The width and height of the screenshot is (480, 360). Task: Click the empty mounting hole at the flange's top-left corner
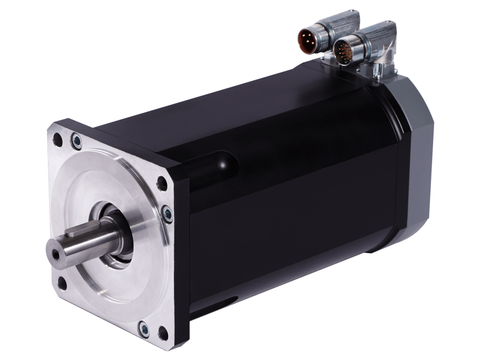pyautogui.click(x=58, y=139)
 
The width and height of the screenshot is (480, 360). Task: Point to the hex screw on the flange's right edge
pyautogui.click(x=167, y=213)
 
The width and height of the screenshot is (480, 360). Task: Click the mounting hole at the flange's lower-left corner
pyautogui.click(x=62, y=282)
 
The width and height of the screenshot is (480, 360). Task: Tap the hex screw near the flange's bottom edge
pyautogui.click(x=144, y=329)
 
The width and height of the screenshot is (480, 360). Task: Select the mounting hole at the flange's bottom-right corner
pyautogui.click(x=163, y=333)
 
